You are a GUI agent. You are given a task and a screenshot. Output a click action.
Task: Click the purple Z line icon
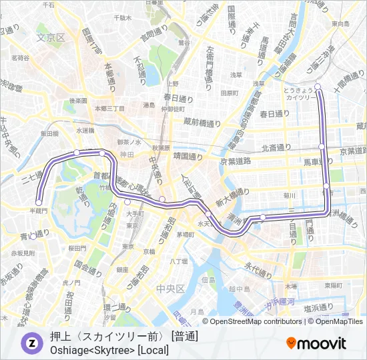click(x=31, y=343)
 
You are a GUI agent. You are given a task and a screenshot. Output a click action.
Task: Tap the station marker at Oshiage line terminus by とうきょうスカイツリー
click(x=318, y=86)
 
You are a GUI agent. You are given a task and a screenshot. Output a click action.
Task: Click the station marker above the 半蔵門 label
click(x=39, y=202)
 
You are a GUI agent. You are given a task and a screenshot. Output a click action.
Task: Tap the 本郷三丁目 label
click(x=109, y=108)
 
